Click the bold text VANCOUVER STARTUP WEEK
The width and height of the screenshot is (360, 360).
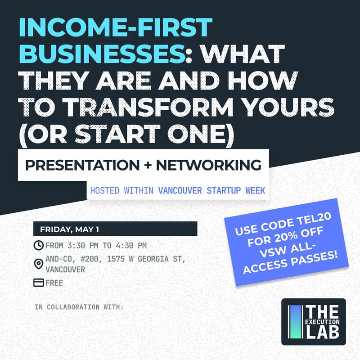[x=211, y=190]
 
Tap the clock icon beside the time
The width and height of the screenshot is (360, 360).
[x=39, y=246]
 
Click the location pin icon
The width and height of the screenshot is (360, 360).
[x=39, y=264]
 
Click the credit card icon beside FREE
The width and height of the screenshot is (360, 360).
[x=39, y=283]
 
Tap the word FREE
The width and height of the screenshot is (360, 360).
[x=54, y=283]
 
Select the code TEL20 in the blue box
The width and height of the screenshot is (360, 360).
[x=304, y=224]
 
